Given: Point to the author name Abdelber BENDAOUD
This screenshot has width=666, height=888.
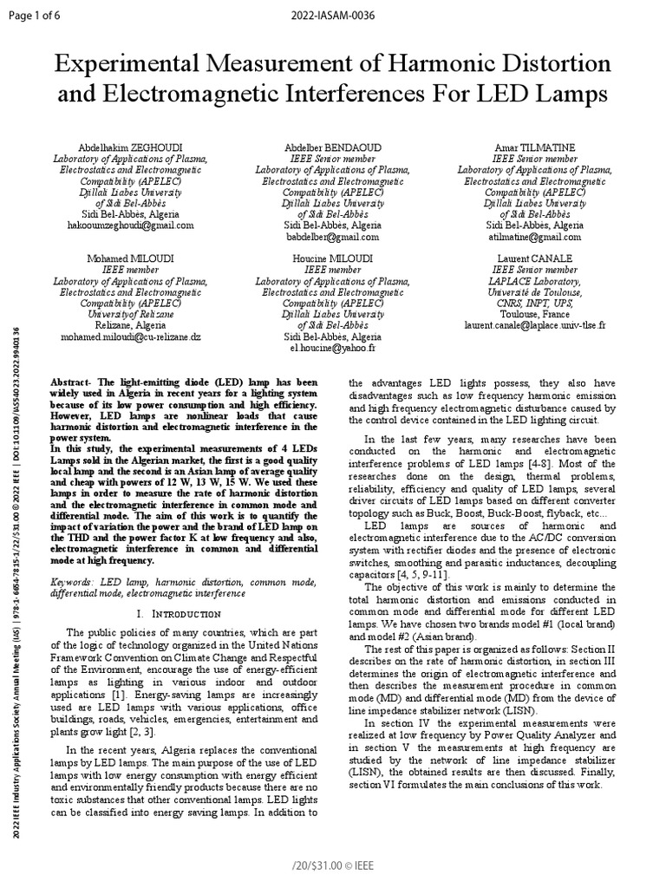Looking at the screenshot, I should coord(333,147).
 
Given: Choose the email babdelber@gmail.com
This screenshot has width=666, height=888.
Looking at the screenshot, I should coord(333,236).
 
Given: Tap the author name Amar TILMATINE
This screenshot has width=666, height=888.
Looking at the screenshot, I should coord(535,147).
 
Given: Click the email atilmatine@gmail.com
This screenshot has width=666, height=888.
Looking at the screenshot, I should coord(535,236).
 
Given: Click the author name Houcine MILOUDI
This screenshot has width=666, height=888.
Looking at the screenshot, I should coord(333,258).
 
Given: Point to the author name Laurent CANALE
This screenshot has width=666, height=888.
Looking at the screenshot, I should coord(535,258).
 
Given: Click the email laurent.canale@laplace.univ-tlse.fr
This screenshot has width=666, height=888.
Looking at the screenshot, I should coord(535,325).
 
